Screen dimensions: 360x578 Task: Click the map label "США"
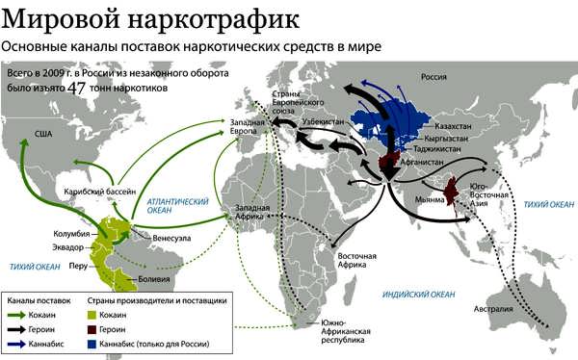pyautogui.click(x=42, y=133)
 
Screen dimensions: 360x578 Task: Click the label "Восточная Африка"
pyautogui.click(x=355, y=261)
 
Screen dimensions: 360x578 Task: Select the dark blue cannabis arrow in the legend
pyautogui.click(x=20, y=342)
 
